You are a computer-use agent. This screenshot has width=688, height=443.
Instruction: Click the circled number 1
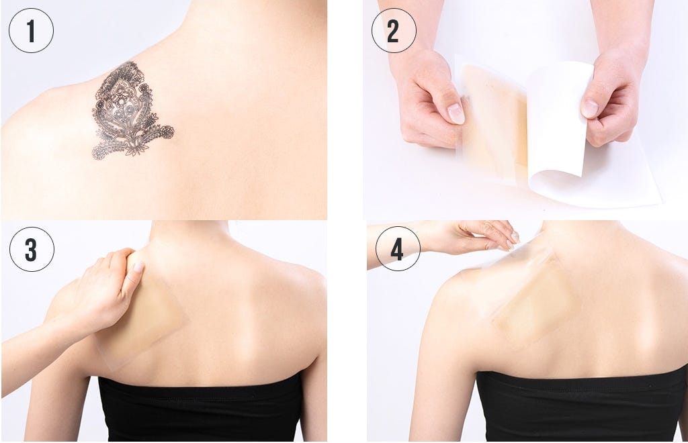click(x=31, y=31)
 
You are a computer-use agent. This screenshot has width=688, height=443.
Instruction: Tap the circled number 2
click(x=394, y=31)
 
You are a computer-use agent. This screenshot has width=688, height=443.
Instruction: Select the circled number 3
click(x=32, y=249)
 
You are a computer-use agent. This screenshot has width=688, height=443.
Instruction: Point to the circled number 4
click(x=398, y=249)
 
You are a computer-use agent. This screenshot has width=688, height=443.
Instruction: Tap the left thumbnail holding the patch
click(x=456, y=114)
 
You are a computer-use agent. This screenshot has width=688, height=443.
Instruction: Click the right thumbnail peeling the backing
click(x=589, y=108)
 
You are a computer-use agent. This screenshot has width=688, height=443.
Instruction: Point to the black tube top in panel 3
click(x=201, y=407)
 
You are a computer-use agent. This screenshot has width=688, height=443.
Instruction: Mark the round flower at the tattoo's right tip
click(x=167, y=132)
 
